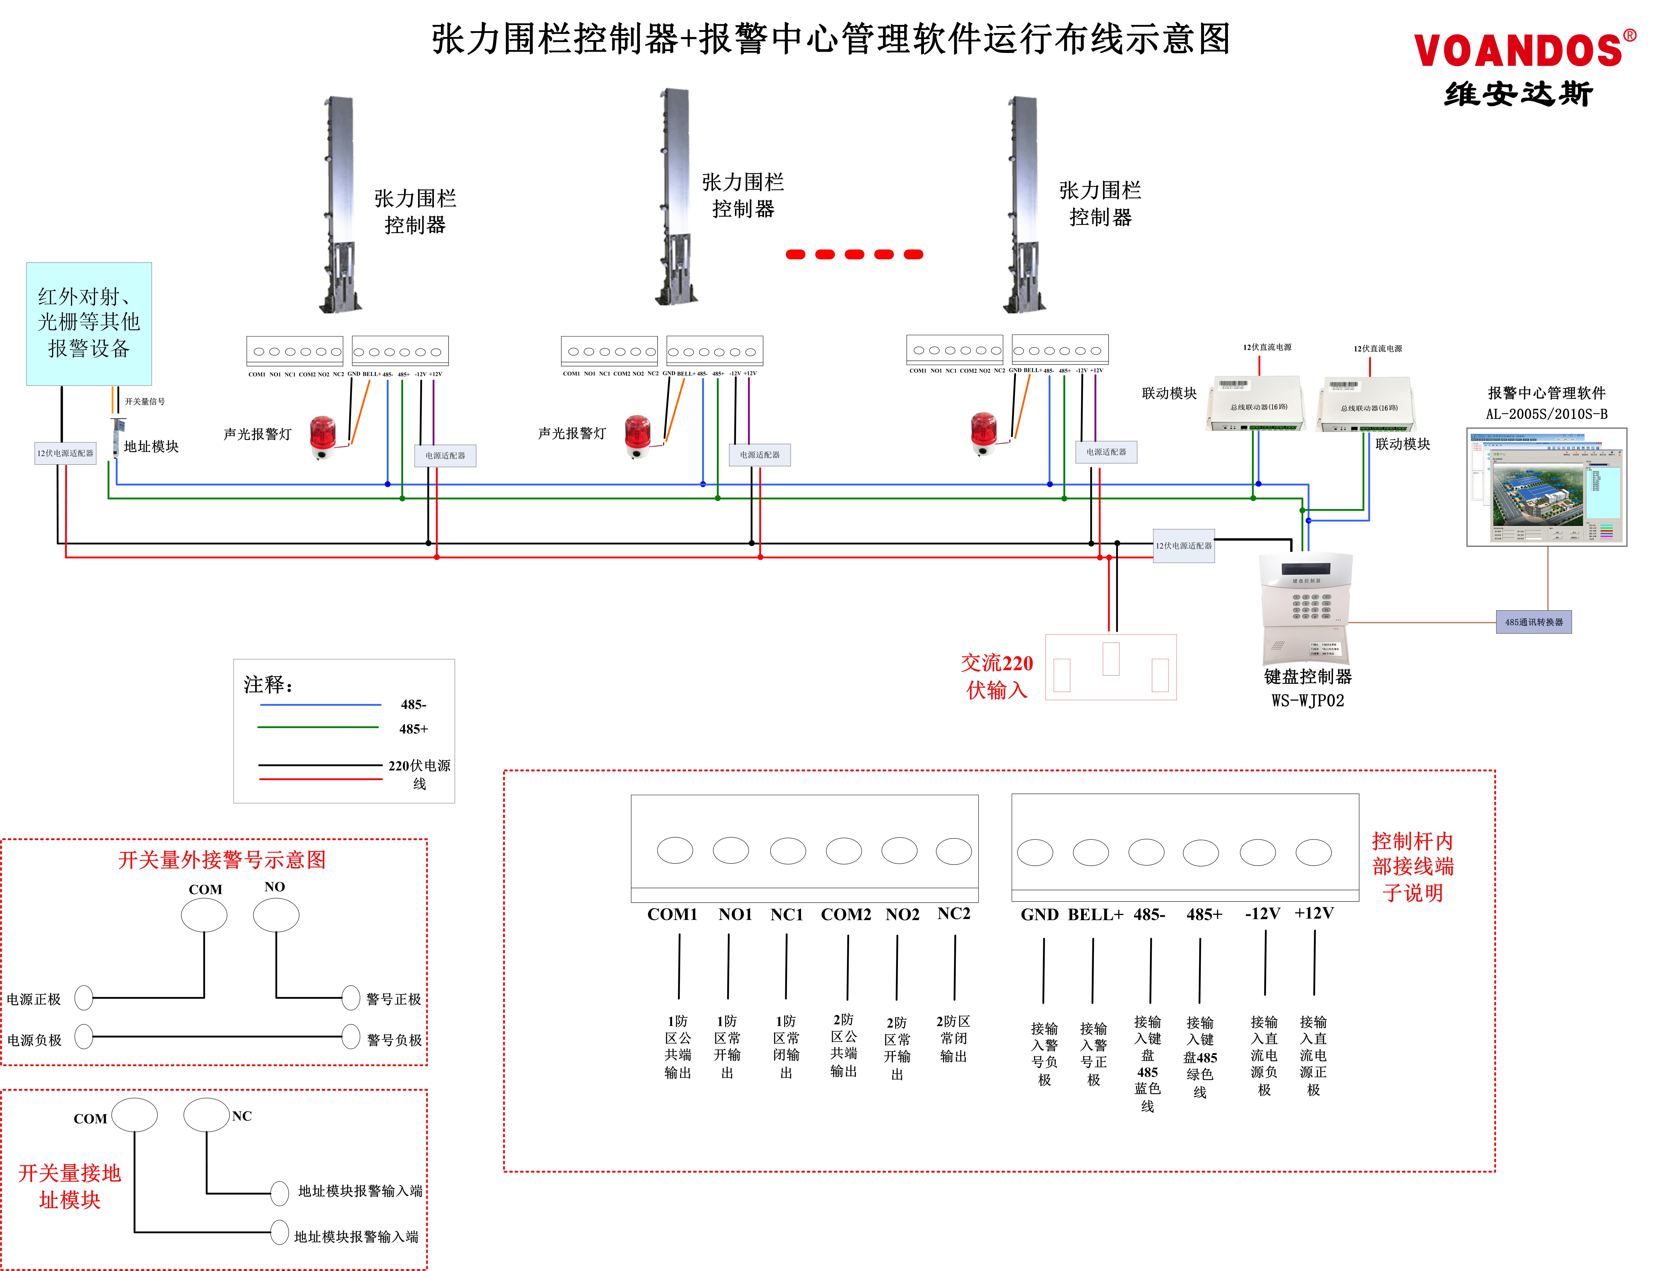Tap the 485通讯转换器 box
(x=1533, y=622)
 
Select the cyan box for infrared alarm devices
(x=89, y=324)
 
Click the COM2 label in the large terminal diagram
(x=846, y=915)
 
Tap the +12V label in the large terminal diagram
(x=1314, y=913)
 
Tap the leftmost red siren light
(x=323, y=436)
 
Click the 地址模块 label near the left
(x=151, y=446)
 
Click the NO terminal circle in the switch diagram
(x=276, y=915)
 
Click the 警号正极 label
(x=393, y=999)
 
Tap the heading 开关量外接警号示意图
(x=222, y=860)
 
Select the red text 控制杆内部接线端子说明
(x=1412, y=867)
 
